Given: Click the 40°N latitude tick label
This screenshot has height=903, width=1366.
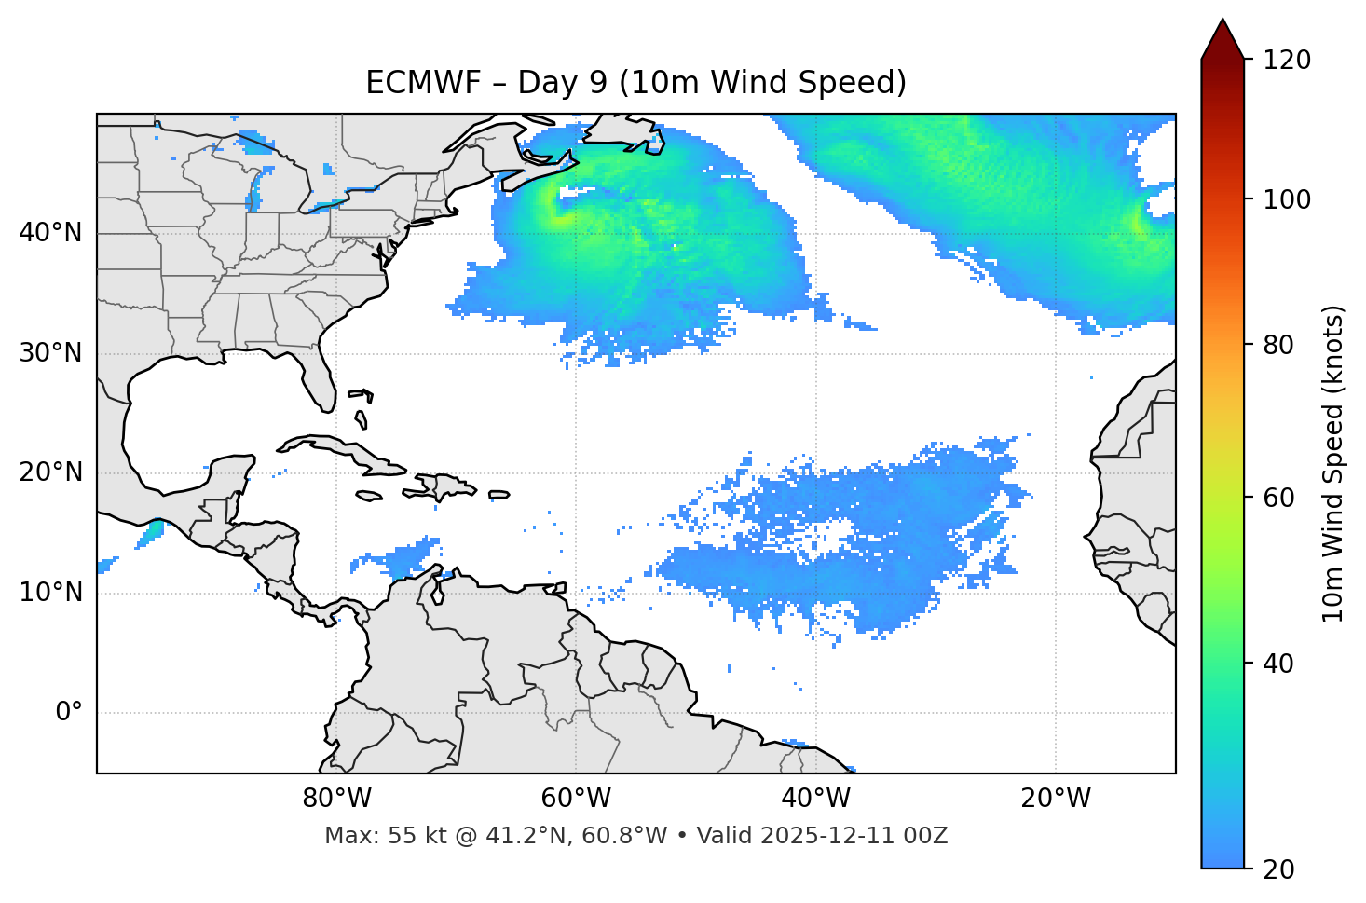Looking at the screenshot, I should coord(50,233).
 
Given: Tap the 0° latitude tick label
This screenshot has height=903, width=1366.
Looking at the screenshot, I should coord(68,713).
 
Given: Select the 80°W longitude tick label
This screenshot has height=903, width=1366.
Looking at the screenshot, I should coord(336,799).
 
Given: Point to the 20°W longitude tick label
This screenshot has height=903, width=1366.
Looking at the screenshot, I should coord(1056,799).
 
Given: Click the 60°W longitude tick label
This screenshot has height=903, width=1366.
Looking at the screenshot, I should coord(576,799).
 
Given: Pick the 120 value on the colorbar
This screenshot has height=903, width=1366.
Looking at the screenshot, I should coord(1287,61).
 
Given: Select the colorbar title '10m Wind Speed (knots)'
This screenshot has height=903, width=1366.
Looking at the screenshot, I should coord(1333,464).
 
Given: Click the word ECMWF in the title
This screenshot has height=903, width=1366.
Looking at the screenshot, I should coord(423,83).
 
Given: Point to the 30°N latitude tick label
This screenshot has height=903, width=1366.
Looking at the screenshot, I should coord(50,353).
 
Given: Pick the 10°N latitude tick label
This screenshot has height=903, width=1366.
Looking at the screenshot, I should coord(50,593).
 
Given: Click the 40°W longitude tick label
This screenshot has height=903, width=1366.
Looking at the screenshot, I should coord(816,799).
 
